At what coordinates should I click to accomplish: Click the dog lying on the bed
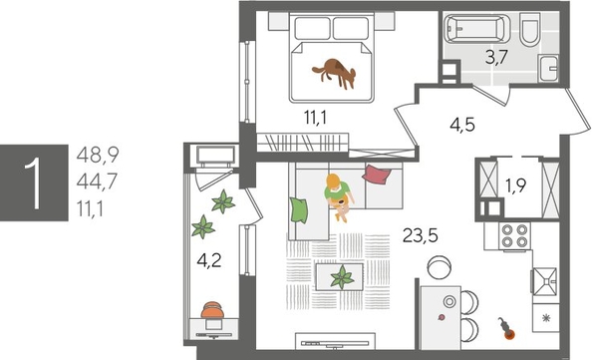coord(336,73)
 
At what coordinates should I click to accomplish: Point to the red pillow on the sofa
coord(375,176)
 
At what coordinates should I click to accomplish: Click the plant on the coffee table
coord(342,275)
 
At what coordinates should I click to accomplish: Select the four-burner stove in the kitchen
coord(513,235)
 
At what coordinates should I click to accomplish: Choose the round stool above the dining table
coord(438,267)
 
